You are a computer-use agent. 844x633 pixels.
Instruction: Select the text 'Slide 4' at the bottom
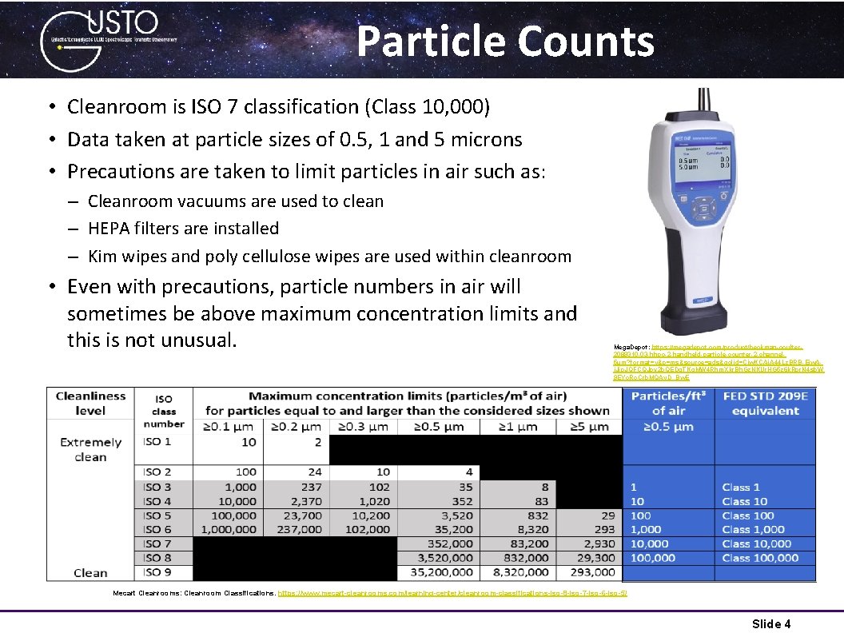pos(771,623)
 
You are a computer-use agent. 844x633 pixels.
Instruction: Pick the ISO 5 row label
pos(157,516)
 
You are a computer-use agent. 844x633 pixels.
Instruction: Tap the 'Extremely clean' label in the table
pos(90,449)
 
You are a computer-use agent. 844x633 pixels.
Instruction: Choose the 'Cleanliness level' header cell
pos(90,403)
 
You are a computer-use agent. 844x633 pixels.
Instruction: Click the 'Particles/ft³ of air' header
pos(670,404)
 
